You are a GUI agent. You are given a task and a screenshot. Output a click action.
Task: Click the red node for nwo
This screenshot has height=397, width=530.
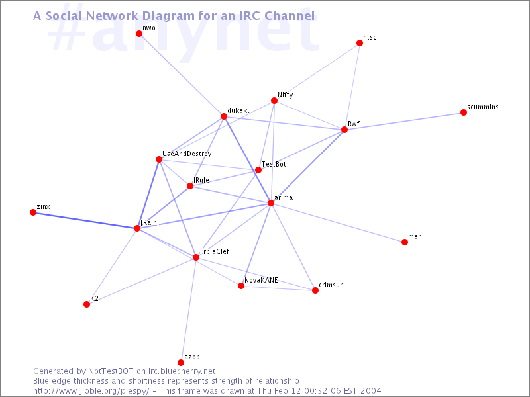pyautogui.click(x=139, y=34)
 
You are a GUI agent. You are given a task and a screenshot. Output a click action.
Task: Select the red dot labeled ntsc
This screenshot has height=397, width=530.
pyautogui.click(x=360, y=43)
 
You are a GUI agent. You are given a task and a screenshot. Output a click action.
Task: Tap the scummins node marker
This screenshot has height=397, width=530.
pyautogui.click(x=464, y=112)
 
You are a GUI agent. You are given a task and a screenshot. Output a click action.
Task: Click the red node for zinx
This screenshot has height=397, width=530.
pyautogui.click(x=33, y=212)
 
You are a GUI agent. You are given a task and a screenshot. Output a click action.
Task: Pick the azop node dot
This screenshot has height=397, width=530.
pyautogui.click(x=181, y=363)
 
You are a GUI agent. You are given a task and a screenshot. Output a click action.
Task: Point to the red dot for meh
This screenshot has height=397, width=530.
pyautogui.click(x=405, y=242)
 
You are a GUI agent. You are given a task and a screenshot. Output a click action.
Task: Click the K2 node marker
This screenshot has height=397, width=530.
pyautogui.click(x=87, y=304)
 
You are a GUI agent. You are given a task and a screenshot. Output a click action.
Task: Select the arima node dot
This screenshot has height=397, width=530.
pyautogui.click(x=271, y=203)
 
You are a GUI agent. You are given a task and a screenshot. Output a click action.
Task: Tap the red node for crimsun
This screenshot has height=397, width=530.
pyautogui.click(x=315, y=290)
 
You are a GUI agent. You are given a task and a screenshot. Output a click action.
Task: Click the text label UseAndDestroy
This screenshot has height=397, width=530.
pyautogui.click(x=187, y=154)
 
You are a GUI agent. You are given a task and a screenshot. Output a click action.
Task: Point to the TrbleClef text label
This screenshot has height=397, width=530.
pyautogui.click(x=214, y=251)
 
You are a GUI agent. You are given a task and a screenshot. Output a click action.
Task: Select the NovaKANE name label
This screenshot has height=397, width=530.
pyautogui.click(x=261, y=280)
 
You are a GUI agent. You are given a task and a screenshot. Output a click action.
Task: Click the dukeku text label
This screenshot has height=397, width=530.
pyautogui.click(x=239, y=110)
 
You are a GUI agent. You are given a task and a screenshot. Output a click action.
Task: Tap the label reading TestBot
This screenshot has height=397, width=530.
pyautogui.click(x=274, y=164)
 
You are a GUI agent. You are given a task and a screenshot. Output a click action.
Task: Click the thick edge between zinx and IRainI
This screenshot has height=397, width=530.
pyautogui.click(x=85, y=220)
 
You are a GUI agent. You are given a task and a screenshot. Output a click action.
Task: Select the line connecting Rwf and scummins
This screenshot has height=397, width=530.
pyautogui.click(x=404, y=121)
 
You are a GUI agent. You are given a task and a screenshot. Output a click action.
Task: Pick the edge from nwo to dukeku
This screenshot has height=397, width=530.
pyautogui.click(x=182, y=75)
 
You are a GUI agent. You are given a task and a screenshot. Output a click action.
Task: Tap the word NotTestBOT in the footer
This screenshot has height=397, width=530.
pyautogui.click(x=111, y=371)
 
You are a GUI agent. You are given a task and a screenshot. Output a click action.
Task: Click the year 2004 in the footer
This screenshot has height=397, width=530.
pyautogui.click(x=370, y=391)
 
